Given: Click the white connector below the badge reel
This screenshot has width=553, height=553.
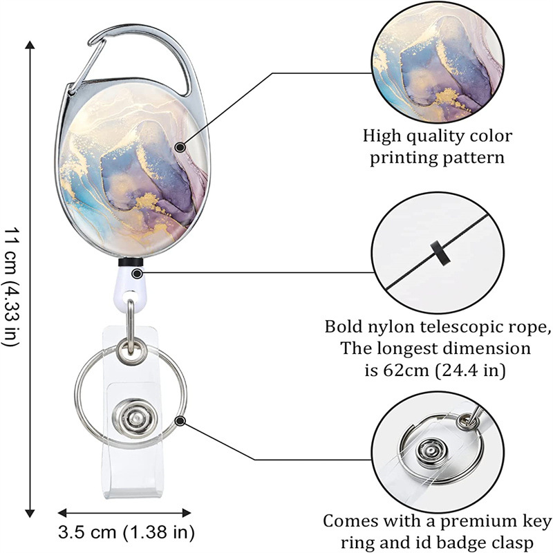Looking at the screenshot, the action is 131,284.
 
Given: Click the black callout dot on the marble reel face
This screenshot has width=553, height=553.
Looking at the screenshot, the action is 180,146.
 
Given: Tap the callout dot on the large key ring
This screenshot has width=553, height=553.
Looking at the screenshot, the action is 180,420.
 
